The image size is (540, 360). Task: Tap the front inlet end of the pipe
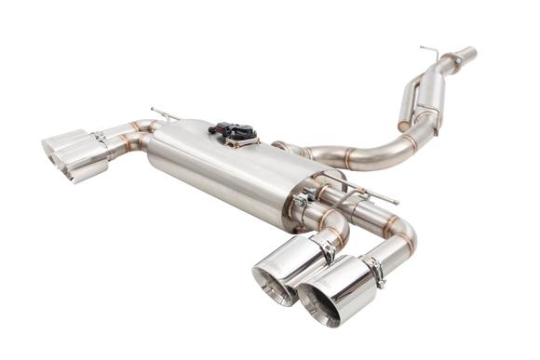coord(454,62)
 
